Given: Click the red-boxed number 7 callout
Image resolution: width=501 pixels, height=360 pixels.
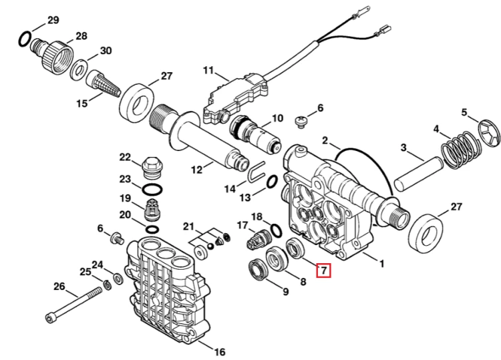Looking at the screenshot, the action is (x=323, y=271).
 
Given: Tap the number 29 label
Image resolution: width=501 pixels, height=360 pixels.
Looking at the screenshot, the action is (x=53, y=20).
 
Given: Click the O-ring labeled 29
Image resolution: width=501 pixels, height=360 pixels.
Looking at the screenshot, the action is (x=25, y=39).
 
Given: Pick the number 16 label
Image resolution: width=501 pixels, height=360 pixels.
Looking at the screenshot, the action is (x=220, y=352).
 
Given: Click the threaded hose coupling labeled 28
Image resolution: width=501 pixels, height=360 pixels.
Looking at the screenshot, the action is (x=52, y=55).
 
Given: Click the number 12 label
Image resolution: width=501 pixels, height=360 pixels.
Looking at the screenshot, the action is (x=197, y=170).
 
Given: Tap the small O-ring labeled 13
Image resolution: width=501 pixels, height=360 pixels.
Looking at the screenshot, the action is (x=272, y=182).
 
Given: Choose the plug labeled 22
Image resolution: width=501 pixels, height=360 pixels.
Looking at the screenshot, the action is (x=150, y=168).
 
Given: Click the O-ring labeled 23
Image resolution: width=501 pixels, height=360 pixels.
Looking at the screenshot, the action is (x=152, y=190).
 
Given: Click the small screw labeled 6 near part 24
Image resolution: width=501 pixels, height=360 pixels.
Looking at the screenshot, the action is (x=117, y=238).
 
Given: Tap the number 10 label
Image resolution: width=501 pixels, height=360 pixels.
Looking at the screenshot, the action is (x=277, y=118).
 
